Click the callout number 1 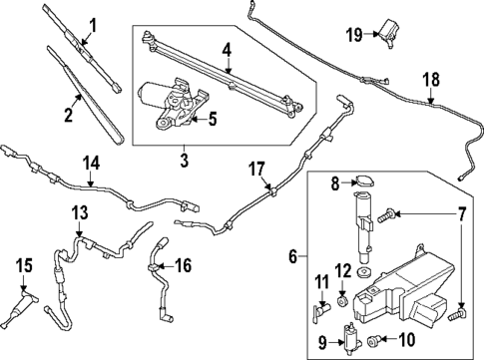pyautogui.click(x=94, y=24)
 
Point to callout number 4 pyautogui.click(x=228, y=48)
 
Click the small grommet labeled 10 pyautogui.click(x=374, y=341)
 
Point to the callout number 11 pyautogui.click(x=320, y=282)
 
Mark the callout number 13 pyautogui.click(x=80, y=213)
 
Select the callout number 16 pyautogui.click(x=181, y=266)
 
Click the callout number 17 pyautogui.click(x=254, y=169)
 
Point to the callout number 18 pyautogui.click(x=430, y=79)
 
